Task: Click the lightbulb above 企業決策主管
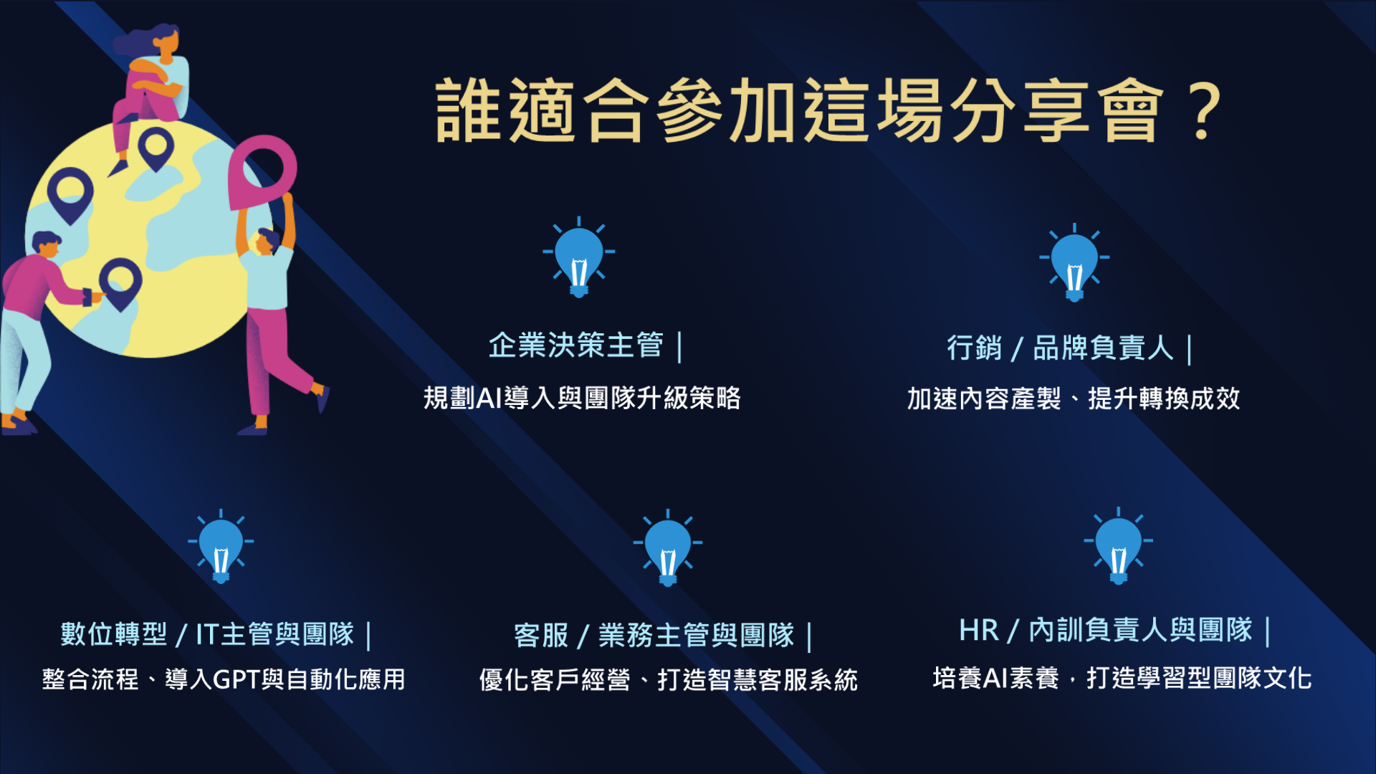(x=579, y=257)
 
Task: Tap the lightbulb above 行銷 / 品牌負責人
(x=1074, y=262)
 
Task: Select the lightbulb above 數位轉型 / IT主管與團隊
(x=221, y=546)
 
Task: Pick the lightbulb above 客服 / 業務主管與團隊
(x=668, y=548)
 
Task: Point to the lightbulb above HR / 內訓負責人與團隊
(x=1118, y=545)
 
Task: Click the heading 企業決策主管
(x=576, y=345)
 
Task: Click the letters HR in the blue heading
(x=978, y=631)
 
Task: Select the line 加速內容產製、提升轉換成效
(x=1074, y=398)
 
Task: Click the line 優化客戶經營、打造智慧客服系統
(x=668, y=679)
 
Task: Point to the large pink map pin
(x=262, y=172)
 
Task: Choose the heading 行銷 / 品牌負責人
(x=1060, y=348)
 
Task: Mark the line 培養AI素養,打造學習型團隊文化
(x=1122, y=678)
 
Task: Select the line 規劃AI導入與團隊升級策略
(x=582, y=398)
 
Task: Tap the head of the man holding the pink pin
(x=267, y=242)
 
